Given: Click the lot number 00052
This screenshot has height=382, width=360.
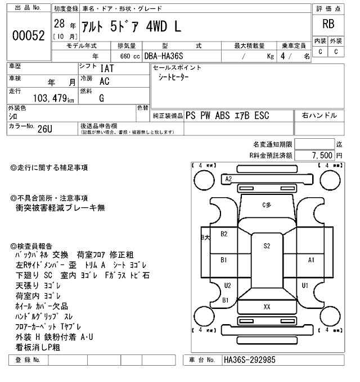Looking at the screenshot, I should click(x=28, y=35).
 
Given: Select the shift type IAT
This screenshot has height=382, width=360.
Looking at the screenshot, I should click(x=106, y=69).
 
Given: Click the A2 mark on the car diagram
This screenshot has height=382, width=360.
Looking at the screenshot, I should click(x=228, y=179).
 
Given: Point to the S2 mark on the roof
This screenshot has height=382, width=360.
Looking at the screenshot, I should click(x=267, y=245).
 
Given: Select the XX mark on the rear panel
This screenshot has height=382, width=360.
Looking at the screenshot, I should click(x=267, y=306).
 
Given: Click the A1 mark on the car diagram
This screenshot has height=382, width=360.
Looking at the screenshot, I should click(x=310, y=260).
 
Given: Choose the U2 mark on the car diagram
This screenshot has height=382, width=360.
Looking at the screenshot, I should click(x=227, y=285).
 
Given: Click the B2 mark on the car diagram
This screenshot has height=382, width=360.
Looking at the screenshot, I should click(x=223, y=234).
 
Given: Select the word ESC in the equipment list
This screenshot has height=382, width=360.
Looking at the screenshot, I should click(x=262, y=116).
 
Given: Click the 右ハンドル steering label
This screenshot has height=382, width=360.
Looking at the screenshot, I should click(x=319, y=115).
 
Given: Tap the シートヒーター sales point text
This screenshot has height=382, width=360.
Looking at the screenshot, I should click(x=174, y=78).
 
